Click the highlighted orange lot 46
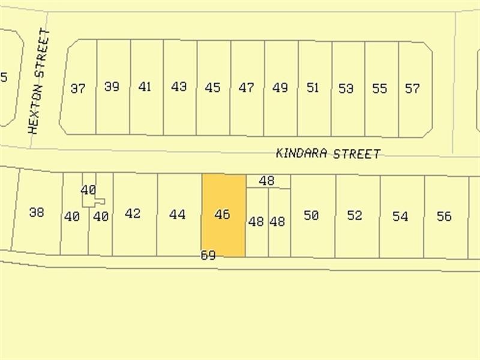tap(223, 215)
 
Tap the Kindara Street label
tap(328, 154)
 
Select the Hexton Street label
tap(37, 80)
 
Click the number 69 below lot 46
tap(208, 256)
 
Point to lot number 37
tap(77, 89)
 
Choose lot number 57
tap(412, 89)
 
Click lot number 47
tap(246, 88)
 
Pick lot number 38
tap(37, 212)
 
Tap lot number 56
tap(444, 217)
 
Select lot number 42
tap(133, 213)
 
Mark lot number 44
tap(177, 214)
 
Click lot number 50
tap(311, 215)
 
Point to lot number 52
tap(355, 215)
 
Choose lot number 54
tap(400, 217)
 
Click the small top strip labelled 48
tap(267, 181)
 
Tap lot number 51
tap(313, 88)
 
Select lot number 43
tap(179, 86)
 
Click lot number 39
tap(112, 86)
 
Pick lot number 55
tap(379, 89)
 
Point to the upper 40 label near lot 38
tap(88, 190)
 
